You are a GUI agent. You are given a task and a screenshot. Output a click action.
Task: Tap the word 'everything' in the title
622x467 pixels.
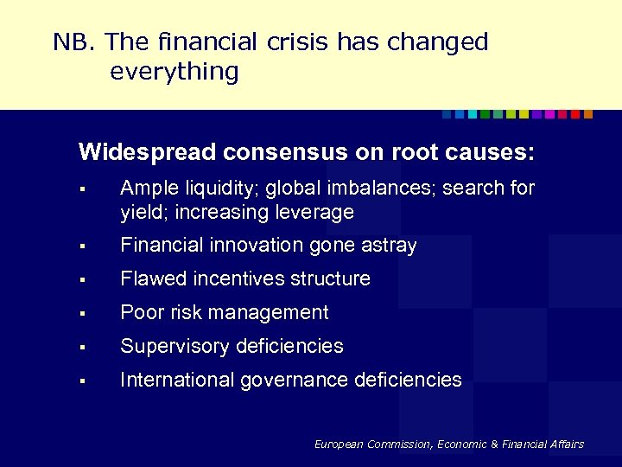pos(174,72)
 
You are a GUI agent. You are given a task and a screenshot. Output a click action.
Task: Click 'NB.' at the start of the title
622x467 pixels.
pos(74,42)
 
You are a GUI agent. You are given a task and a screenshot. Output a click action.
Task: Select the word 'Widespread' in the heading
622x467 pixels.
pos(147,153)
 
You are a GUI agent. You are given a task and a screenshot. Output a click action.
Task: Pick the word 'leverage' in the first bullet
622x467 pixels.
pos(316,212)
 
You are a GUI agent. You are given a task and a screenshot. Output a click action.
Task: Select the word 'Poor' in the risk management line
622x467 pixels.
pos(139,312)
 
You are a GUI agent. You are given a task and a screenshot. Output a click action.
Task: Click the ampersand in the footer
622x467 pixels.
pos(496,445)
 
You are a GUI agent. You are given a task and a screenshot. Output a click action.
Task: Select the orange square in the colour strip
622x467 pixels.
pos(588,114)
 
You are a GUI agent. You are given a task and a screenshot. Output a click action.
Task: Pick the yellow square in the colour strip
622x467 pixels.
pos(524,114)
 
